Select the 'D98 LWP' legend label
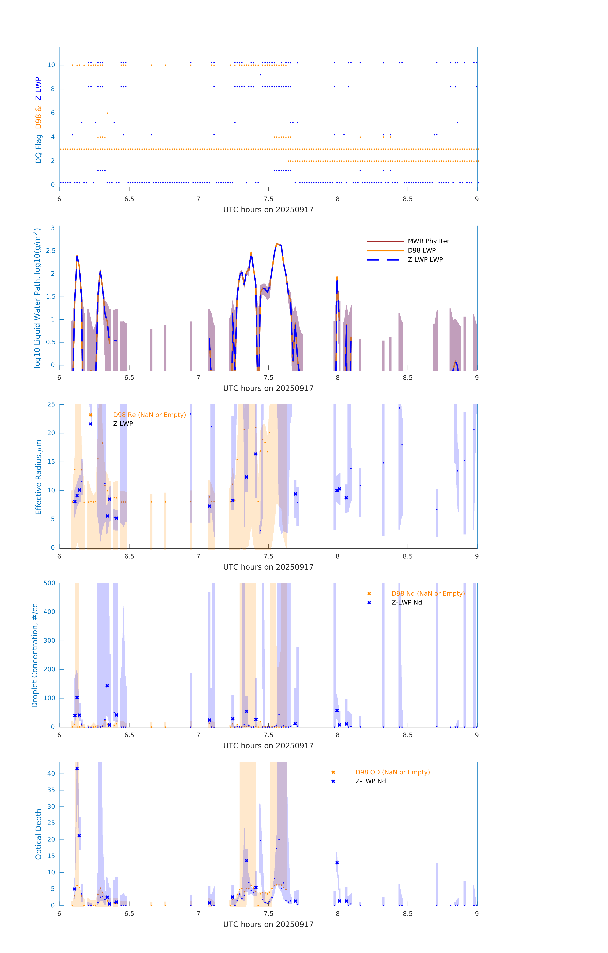tap(421, 250)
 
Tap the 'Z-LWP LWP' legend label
tap(425, 260)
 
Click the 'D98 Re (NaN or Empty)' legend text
tap(149, 415)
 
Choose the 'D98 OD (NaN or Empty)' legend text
tap(392, 772)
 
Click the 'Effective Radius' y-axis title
tap(38, 477)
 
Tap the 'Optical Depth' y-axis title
tap(38, 834)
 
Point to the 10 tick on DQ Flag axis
tap(51, 65)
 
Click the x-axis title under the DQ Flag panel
tap(268, 210)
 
